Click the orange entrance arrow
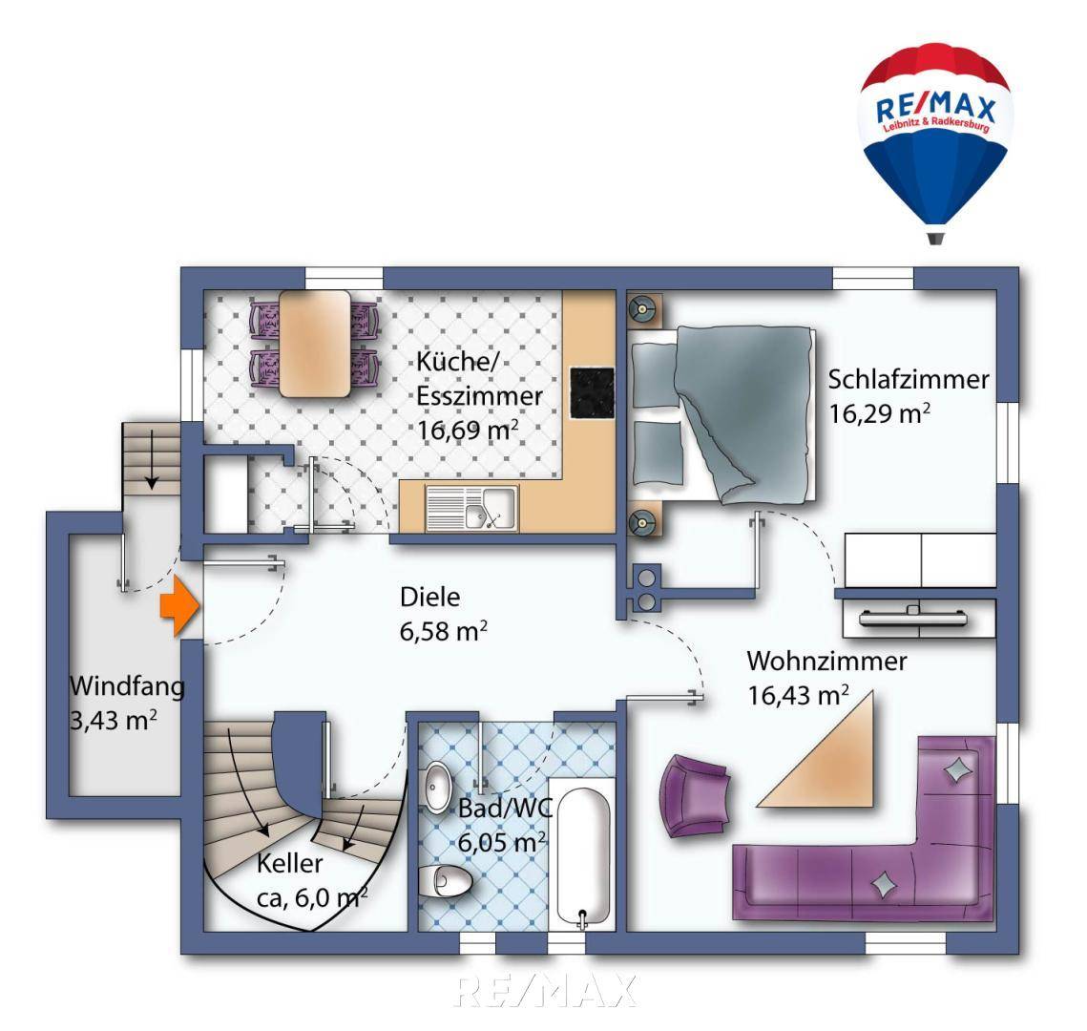(178, 608)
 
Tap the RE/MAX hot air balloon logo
(934, 128)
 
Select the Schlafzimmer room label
(908, 379)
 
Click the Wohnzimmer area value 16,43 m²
(798, 696)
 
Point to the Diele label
(429, 598)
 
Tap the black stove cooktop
(593, 392)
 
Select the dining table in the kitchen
(314, 343)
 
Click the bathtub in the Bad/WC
(584, 855)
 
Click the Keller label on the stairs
(290, 865)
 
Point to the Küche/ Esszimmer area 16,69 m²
(467, 429)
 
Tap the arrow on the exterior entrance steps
(149, 465)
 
